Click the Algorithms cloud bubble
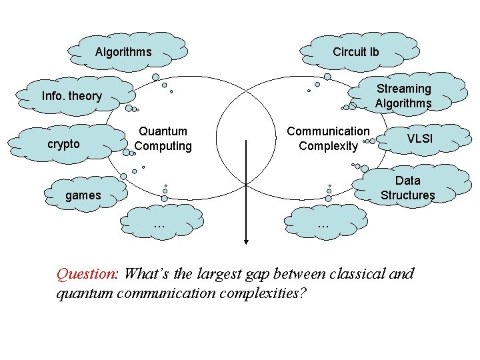coord(123,52)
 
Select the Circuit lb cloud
coord(356,52)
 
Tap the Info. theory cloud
coord(72,96)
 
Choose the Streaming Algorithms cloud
coord(403,95)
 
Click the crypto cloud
coord(64,144)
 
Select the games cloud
coord(83,195)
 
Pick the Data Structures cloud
coord(407,188)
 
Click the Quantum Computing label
coord(163,139)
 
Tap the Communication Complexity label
coord(328,139)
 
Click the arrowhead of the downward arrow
coord(247,241)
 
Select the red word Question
coord(86,274)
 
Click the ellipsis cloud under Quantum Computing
coord(159,225)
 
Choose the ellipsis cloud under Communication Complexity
coord(324,225)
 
